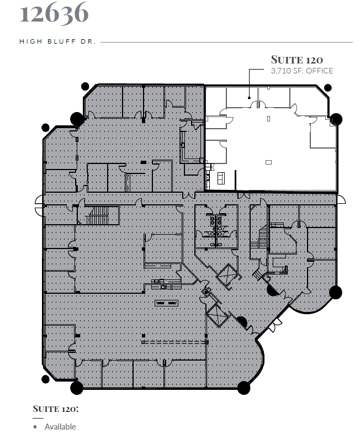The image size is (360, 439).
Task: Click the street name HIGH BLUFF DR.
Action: click(57, 41)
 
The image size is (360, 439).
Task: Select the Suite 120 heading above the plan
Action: click(297, 60)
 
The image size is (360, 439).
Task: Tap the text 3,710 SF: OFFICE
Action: click(301, 71)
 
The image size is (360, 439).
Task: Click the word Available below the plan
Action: click(60, 427)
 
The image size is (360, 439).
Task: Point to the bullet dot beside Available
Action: click(35, 427)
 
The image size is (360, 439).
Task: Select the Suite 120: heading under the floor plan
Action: click(55, 409)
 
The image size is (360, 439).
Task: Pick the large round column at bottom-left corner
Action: click(77, 387)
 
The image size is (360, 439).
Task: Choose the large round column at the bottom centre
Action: click(243, 388)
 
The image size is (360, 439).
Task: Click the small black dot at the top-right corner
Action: click(328, 87)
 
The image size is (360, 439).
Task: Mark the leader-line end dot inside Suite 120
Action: click(250, 98)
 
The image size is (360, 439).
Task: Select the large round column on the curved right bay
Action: click(335, 292)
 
